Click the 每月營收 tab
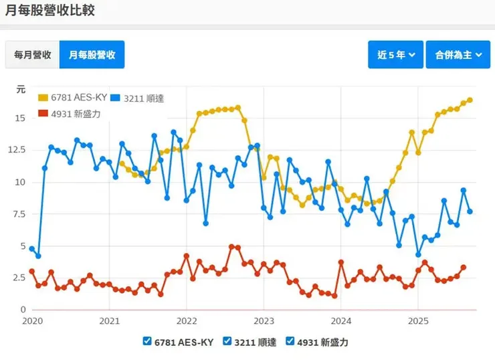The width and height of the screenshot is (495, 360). [x=33, y=55]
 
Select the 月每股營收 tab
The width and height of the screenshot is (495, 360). [x=92, y=55]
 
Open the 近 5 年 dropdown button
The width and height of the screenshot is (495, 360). [x=395, y=55]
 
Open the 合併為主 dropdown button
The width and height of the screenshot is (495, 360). [x=458, y=55]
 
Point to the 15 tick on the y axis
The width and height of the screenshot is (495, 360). [x=20, y=118]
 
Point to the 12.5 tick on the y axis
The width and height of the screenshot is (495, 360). [x=17, y=150]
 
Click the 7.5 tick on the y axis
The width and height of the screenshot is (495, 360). [x=19, y=214]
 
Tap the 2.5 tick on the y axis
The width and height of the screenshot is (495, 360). [x=19, y=278]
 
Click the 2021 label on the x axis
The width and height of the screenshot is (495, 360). [x=109, y=322]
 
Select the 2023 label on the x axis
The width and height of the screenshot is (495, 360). [x=264, y=322]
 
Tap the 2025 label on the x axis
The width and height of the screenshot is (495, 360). [x=417, y=322]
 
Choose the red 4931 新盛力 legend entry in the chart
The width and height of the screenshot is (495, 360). [x=70, y=114]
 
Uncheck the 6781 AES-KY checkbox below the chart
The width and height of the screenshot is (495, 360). [x=147, y=341]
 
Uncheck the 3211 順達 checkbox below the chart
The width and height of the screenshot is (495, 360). [x=227, y=341]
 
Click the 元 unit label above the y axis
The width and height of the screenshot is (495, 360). [x=21, y=89]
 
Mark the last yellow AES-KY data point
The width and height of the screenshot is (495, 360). [x=470, y=100]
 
